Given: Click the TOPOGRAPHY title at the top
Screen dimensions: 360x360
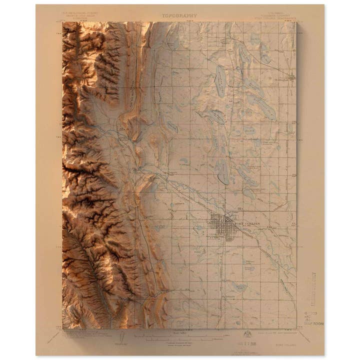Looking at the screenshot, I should click(x=179, y=15).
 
